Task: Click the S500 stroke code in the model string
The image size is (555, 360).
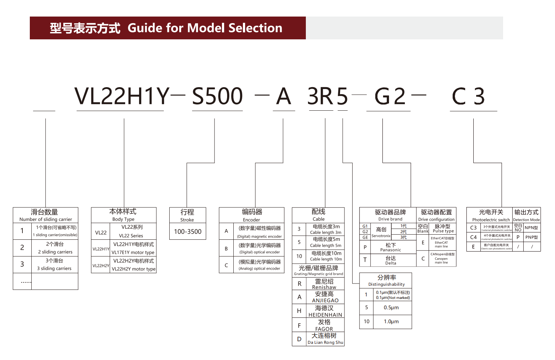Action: [x=217, y=96]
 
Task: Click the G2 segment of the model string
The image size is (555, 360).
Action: [x=390, y=96]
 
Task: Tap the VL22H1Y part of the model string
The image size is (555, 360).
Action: [x=122, y=96]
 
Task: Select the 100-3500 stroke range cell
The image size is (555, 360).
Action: [x=188, y=232]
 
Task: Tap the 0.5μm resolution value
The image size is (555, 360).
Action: [x=391, y=307]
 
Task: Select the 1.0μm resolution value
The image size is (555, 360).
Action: [x=391, y=321]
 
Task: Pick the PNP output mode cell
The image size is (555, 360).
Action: [x=531, y=237]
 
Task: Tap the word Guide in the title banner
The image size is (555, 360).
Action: [x=145, y=28]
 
